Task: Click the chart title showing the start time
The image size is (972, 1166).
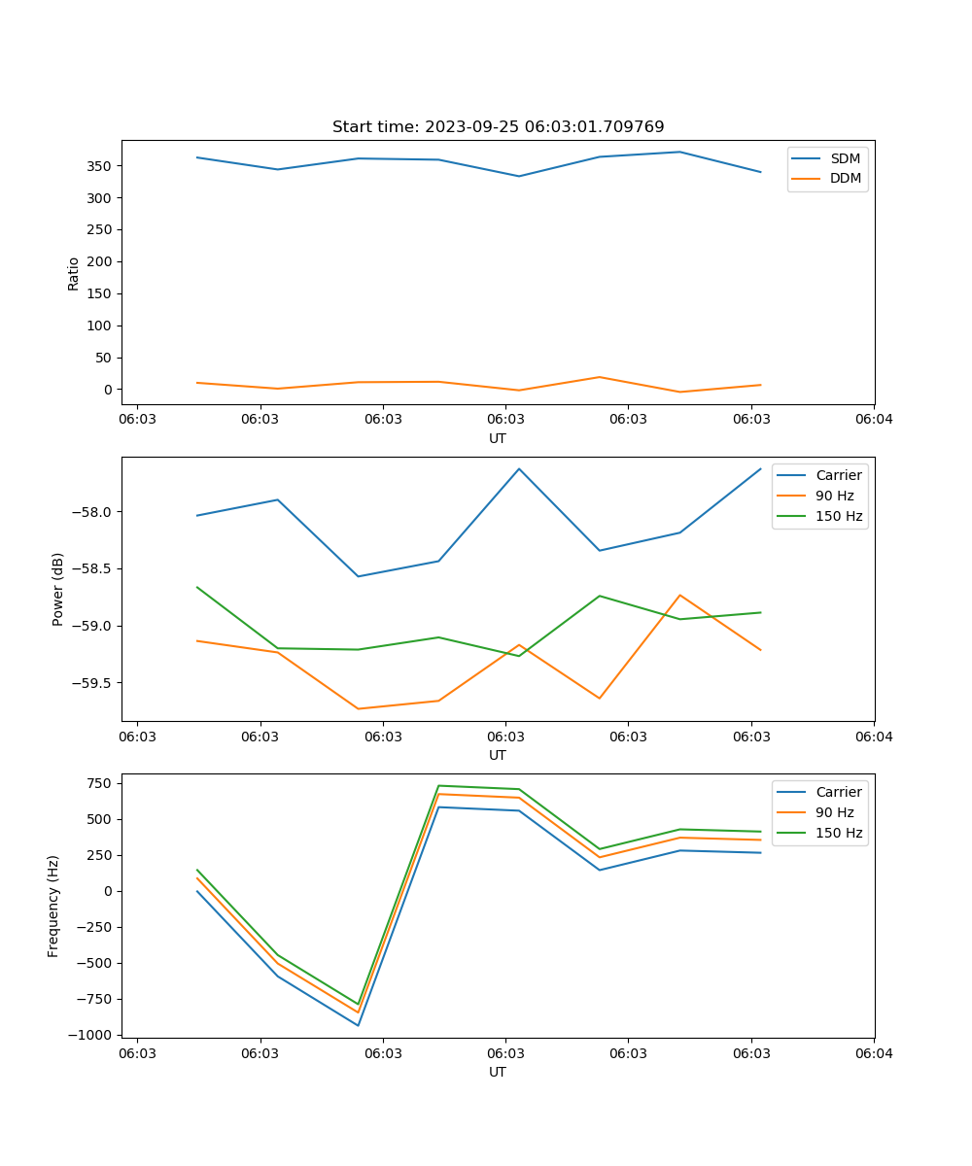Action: click(x=498, y=127)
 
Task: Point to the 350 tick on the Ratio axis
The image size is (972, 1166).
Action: click(x=100, y=166)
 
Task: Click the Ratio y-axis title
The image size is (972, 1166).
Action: click(x=74, y=273)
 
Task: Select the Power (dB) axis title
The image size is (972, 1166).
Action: click(x=58, y=589)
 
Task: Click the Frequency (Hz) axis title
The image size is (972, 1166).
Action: click(x=53, y=906)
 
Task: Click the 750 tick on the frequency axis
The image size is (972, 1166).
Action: click(x=100, y=783)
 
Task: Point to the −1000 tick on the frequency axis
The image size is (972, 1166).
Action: click(x=91, y=1035)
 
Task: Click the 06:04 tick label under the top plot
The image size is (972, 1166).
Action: click(x=873, y=421)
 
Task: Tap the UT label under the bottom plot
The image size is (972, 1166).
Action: click(x=498, y=1072)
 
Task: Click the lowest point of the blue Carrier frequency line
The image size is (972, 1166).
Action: click(x=358, y=1025)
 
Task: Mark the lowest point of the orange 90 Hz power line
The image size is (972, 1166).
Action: click(x=358, y=708)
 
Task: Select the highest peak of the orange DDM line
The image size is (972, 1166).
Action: click(x=600, y=377)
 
